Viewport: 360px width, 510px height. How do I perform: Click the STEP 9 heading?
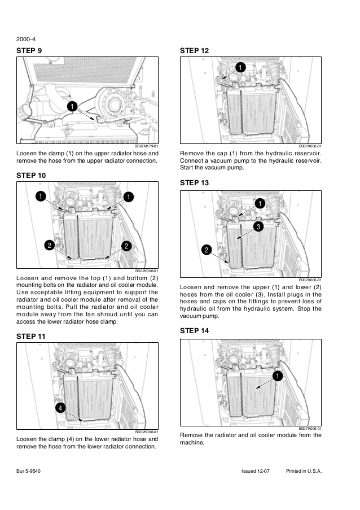click(x=32, y=50)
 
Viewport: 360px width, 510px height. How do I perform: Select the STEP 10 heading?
click(x=33, y=175)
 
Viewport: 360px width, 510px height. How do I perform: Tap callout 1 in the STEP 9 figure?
click(x=71, y=107)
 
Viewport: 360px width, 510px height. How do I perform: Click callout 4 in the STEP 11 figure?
click(x=60, y=407)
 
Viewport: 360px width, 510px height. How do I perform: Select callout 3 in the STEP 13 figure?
click(x=257, y=226)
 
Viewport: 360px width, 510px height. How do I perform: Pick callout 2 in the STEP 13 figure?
click(x=207, y=249)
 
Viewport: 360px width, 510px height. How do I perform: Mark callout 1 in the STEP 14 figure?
click(x=278, y=376)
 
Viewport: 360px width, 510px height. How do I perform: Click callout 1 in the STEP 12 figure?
click(x=240, y=68)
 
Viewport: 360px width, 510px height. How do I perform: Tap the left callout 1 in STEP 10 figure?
click(x=41, y=197)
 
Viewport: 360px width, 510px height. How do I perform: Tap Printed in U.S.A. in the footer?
click(x=304, y=470)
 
